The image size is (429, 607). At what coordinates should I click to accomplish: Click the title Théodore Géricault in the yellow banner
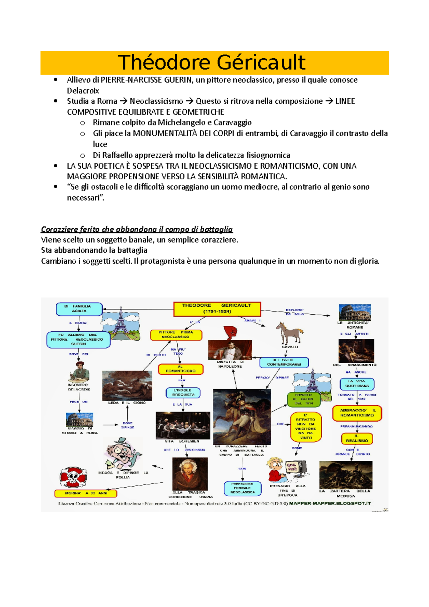[212, 63]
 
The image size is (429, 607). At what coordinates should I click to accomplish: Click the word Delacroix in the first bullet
[83, 91]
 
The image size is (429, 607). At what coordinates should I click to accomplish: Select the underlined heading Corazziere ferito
[137, 229]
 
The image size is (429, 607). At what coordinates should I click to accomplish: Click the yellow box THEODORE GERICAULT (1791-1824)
[217, 309]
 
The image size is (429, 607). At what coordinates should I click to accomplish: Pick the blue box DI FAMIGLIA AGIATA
[79, 309]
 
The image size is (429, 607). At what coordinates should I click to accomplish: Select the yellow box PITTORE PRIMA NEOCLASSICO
[176, 335]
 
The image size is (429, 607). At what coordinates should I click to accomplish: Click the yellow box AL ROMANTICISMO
[181, 369]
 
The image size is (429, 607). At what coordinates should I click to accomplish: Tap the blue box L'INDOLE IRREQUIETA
[183, 393]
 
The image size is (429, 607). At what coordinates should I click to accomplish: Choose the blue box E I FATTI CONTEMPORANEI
[284, 362]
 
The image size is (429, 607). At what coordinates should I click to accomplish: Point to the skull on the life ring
[73, 477]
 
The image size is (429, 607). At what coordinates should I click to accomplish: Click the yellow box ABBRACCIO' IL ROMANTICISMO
[357, 413]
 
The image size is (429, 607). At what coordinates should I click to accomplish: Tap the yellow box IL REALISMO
[356, 439]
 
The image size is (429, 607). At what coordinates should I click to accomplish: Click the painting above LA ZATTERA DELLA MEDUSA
[346, 474]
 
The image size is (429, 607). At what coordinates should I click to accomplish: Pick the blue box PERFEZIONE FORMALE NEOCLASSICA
[242, 488]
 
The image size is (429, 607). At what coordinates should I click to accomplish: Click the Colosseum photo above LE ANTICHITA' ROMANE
[355, 312]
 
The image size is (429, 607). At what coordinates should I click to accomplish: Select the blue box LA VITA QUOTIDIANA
[357, 384]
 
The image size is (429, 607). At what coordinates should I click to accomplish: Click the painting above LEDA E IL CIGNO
[127, 385]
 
